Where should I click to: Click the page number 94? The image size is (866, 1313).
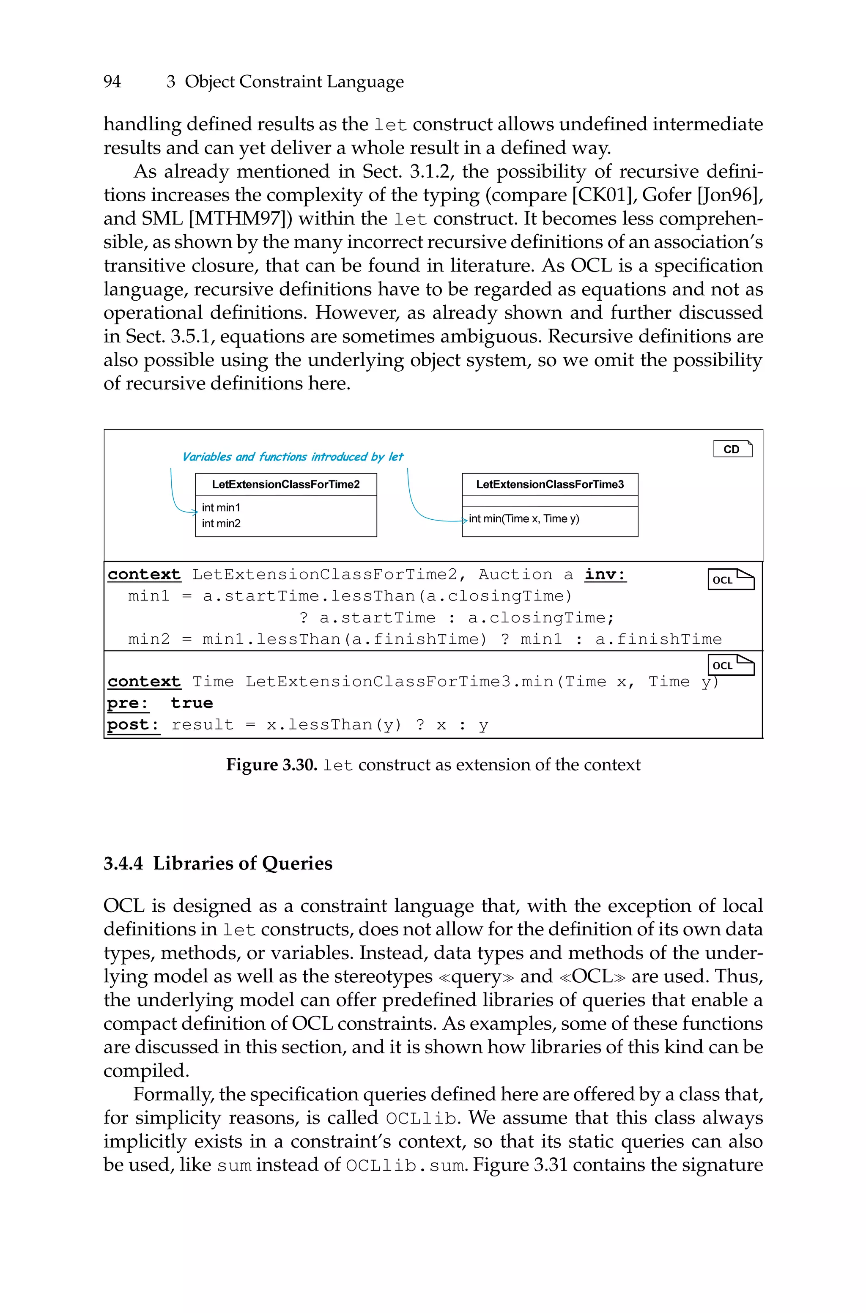coord(112,82)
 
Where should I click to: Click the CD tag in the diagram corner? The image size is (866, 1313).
coord(732,449)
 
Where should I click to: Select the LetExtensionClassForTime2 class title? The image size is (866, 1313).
coord(285,484)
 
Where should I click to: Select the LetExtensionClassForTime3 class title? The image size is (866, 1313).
coord(550,484)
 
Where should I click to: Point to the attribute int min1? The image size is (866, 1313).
coord(221,507)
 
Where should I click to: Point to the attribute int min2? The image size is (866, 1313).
coord(221,524)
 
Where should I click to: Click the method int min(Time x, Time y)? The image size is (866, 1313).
coord(523,518)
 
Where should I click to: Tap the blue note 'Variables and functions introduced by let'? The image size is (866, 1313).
coord(292,457)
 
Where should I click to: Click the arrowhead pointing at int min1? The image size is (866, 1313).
coord(195,512)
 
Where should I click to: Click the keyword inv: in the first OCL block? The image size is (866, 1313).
coord(606,575)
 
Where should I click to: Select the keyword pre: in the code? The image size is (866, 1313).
coord(128,703)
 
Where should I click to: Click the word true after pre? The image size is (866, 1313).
coord(192,703)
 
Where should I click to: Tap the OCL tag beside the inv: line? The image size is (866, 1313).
coord(731,579)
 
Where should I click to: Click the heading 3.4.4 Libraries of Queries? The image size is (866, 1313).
coord(218,863)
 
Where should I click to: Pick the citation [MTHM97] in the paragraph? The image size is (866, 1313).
coord(240,219)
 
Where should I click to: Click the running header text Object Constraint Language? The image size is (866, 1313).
coord(294,82)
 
